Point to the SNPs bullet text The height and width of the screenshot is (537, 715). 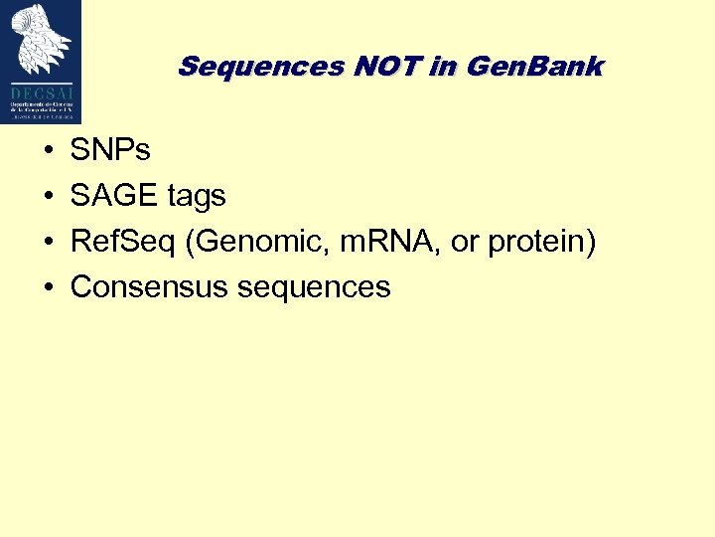coord(110,150)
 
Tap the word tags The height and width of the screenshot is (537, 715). coord(197,197)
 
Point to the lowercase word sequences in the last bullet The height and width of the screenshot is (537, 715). coord(314,288)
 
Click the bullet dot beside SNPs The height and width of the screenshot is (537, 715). coord(48,151)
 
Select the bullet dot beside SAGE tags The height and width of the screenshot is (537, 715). coord(48,197)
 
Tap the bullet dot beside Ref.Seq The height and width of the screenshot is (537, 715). coord(48,243)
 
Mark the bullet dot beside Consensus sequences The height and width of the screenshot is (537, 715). coord(48,288)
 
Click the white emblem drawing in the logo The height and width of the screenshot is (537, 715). coord(42,41)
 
